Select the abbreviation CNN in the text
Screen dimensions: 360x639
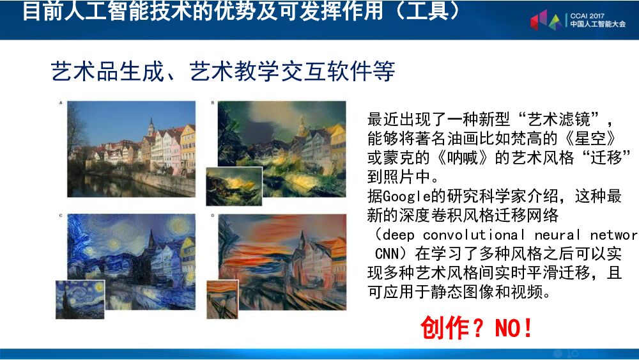387,253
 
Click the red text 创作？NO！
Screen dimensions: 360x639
476,328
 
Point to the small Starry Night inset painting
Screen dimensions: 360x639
80,299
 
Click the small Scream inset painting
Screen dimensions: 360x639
222,299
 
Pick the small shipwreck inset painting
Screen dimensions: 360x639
233,186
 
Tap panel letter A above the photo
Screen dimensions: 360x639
61,102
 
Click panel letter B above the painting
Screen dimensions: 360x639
213,102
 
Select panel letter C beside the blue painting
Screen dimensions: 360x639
61,215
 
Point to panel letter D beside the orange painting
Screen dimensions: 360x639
213,215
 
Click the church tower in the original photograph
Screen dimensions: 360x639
151,128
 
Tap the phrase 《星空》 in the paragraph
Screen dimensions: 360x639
587,138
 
